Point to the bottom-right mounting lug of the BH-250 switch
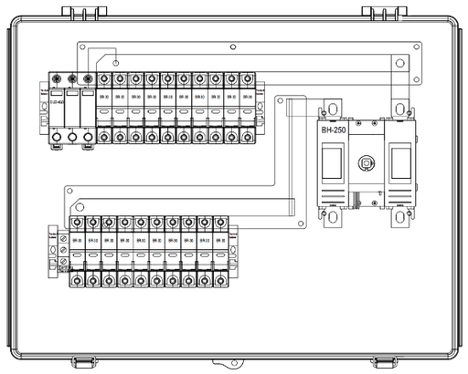click(x=399, y=217)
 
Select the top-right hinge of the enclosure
click(x=378, y=10)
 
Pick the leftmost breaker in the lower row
click(x=77, y=251)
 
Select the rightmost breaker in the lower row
click(x=218, y=251)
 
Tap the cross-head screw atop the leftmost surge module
click(x=56, y=79)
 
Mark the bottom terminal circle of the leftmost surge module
click(x=57, y=138)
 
